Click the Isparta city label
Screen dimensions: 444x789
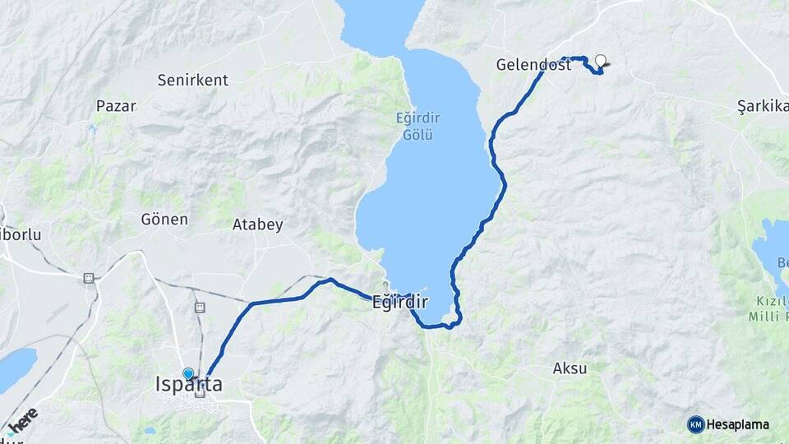tap(188, 384)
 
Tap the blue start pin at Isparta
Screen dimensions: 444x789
tap(188, 374)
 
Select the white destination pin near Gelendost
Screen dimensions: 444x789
tap(601, 61)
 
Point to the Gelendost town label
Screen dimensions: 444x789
tap(533, 65)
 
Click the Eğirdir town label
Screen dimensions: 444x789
tap(400, 303)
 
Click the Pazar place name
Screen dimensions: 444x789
tap(116, 105)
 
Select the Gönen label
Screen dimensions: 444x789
tap(164, 220)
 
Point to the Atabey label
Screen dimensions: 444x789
tap(257, 224)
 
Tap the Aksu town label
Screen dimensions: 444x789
tap(570, 368)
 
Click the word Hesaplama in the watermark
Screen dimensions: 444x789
tap(738, 424)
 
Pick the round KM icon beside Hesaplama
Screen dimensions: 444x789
tap(696, 424)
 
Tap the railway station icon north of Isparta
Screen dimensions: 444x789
tap(199, 308)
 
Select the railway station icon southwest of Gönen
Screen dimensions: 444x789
tap(87, 278)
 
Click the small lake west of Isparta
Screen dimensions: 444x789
tap(16, 368)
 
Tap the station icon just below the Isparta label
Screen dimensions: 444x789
tap(199, 394)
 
